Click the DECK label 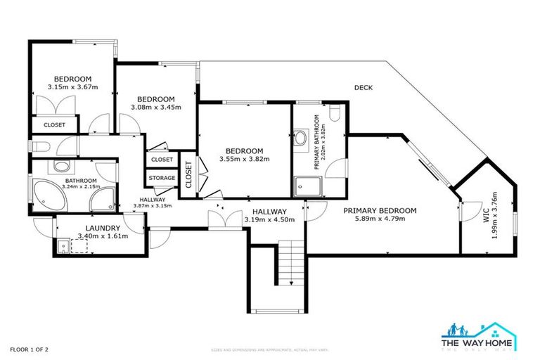pos(364,88)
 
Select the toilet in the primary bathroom pos(334,115)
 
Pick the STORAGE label pos(162,179)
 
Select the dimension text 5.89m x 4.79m pos(380,219)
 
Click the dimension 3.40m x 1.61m pos(102,237)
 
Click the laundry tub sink pos(63,246)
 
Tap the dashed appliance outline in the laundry pos(79,246)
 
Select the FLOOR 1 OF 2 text pos(29,348)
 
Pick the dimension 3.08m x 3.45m pos(156,108)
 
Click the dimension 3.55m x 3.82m pos(245,160)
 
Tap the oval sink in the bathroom pos(63,167)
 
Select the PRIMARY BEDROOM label pos(380,210)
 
